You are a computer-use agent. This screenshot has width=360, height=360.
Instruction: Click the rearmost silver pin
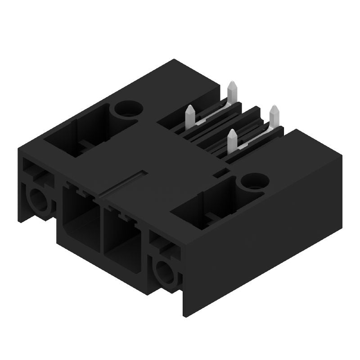coord(232,92)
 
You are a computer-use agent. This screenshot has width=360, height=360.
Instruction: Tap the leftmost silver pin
coord(190,116)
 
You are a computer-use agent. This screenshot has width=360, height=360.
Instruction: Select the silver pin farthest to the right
coord(274,117)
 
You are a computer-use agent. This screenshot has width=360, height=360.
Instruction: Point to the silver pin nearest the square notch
coord(232,140)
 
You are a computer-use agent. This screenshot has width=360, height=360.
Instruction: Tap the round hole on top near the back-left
coord(128,108)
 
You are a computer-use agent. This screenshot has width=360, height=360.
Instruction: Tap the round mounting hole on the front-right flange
coord(164,272)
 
